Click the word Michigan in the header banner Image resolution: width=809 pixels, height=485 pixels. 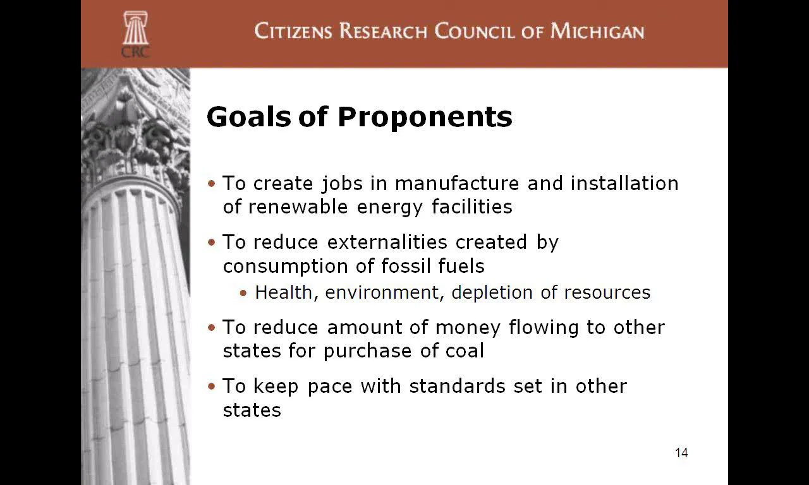click(x=597, y=31)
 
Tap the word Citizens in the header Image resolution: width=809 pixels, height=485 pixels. click(x=294, y=31)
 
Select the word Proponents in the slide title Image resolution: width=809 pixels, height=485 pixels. click(x=424, y=117)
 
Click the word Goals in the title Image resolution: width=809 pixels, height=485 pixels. click(x=248, y=117)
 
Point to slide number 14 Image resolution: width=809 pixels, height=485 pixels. click(x=681, y=453)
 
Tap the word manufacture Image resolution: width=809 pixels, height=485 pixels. click(x=457, y=183)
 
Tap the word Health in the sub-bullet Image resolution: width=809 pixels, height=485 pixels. click(x=284, y=293)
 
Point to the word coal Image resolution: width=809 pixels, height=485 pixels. click(x=465, y=350)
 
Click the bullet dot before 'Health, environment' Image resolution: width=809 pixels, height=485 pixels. click(x=244, y=293)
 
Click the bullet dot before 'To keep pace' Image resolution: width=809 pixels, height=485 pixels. click(x=212, y=386)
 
